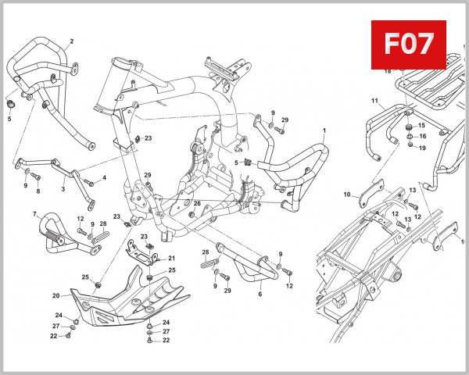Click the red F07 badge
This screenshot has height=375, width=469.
point(407,44)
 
